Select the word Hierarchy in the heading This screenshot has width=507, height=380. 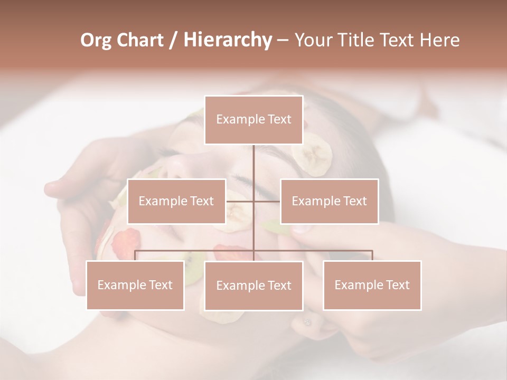point(227,40)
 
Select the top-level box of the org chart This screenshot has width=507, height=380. point(253,120)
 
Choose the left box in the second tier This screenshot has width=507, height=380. point(176,201)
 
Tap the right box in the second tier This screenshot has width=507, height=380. point(329,201)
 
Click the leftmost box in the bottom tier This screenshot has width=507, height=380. point(135,285)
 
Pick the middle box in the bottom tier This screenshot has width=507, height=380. point(253,286)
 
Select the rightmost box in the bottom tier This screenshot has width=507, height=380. point(372,285)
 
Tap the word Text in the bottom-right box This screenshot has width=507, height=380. point(397,285)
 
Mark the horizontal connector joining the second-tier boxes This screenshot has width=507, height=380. point(240,201)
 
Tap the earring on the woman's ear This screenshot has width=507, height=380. point(307,321)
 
